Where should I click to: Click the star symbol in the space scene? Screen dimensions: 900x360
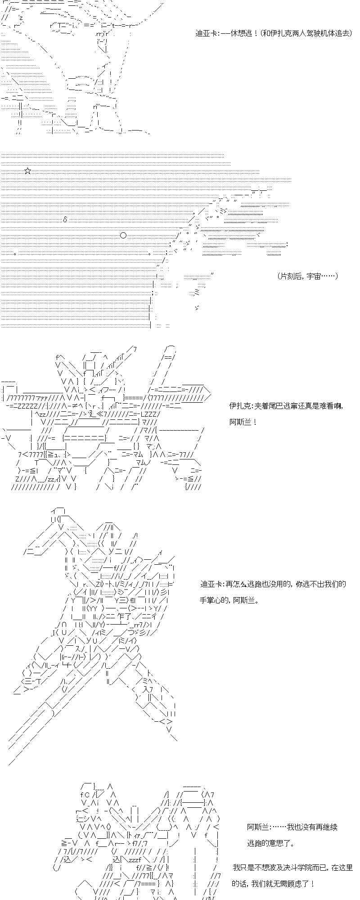(28, 171)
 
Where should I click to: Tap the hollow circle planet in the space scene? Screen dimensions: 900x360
(123, 235)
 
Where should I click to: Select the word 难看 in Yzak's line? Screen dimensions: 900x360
(327, 406)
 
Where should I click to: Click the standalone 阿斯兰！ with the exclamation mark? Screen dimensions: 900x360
(243, 423)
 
